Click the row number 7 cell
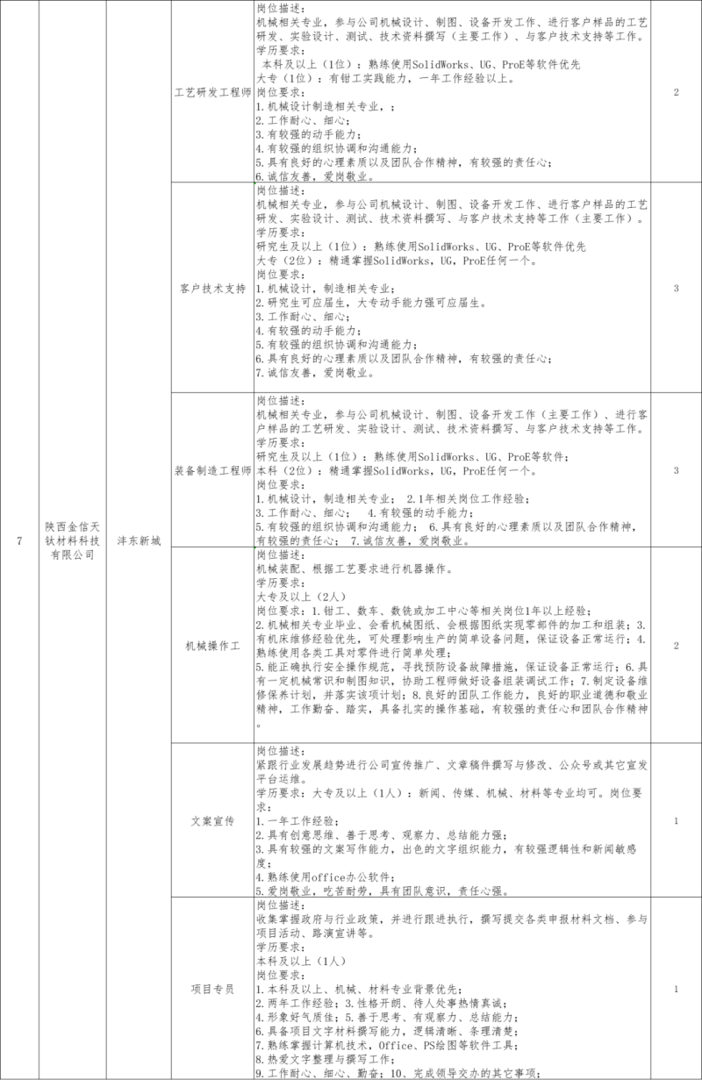pos(18,540)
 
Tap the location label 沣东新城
pos(140,540)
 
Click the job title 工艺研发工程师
pos(211,91)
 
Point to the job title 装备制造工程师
pos(211,470)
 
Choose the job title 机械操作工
pos(211,645)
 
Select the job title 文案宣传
pos(211,821)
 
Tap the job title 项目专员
pos(211,989)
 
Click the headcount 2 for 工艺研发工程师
pos(675,91)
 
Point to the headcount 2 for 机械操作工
pos(675,645)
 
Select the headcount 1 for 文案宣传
pos(675,821)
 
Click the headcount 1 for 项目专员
pos(675,989)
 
